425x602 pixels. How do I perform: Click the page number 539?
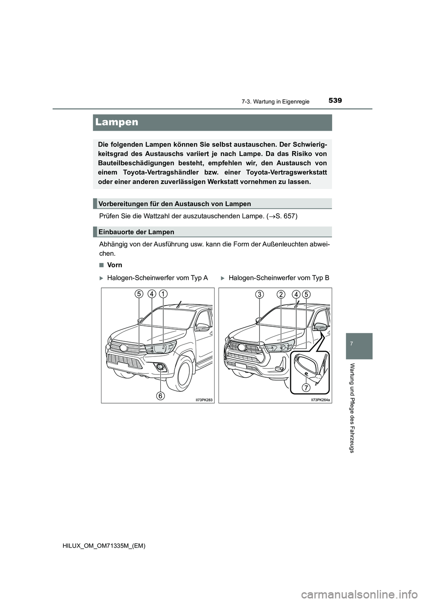(336, 101)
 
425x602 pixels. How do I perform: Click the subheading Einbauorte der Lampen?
(136, 232)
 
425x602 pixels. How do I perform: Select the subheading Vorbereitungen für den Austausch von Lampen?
(174, 204)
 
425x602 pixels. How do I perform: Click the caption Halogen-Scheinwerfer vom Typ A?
(157, 278)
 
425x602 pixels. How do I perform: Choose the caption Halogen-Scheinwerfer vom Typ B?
(278, 278)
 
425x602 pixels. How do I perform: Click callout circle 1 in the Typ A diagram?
(163, 293)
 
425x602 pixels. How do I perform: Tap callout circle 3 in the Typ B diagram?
(260, 294)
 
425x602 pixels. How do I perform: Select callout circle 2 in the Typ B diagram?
(281, 294)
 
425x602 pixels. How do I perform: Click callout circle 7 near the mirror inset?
(306, 388)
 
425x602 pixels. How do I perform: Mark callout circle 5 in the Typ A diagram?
(139, 293)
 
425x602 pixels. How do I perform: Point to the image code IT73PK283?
(204, 400)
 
